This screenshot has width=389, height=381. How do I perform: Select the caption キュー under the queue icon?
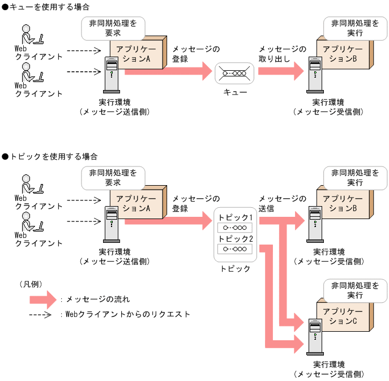point(235,92)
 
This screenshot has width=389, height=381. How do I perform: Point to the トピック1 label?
point(235,218)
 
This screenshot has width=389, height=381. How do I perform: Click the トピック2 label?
point(235,239)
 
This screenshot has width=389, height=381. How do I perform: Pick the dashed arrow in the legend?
point(41,314)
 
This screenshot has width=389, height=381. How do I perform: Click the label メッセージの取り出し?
point(281,54)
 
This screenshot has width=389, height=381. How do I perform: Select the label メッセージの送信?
point(281,203)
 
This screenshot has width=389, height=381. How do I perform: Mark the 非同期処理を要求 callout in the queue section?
point(113,28)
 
